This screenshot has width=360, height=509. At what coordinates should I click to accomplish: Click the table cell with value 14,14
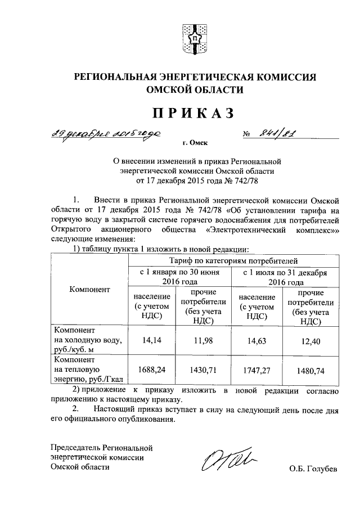(x=152, y=340)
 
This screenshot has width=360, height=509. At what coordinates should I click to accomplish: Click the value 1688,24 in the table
(x=152, y=370)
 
